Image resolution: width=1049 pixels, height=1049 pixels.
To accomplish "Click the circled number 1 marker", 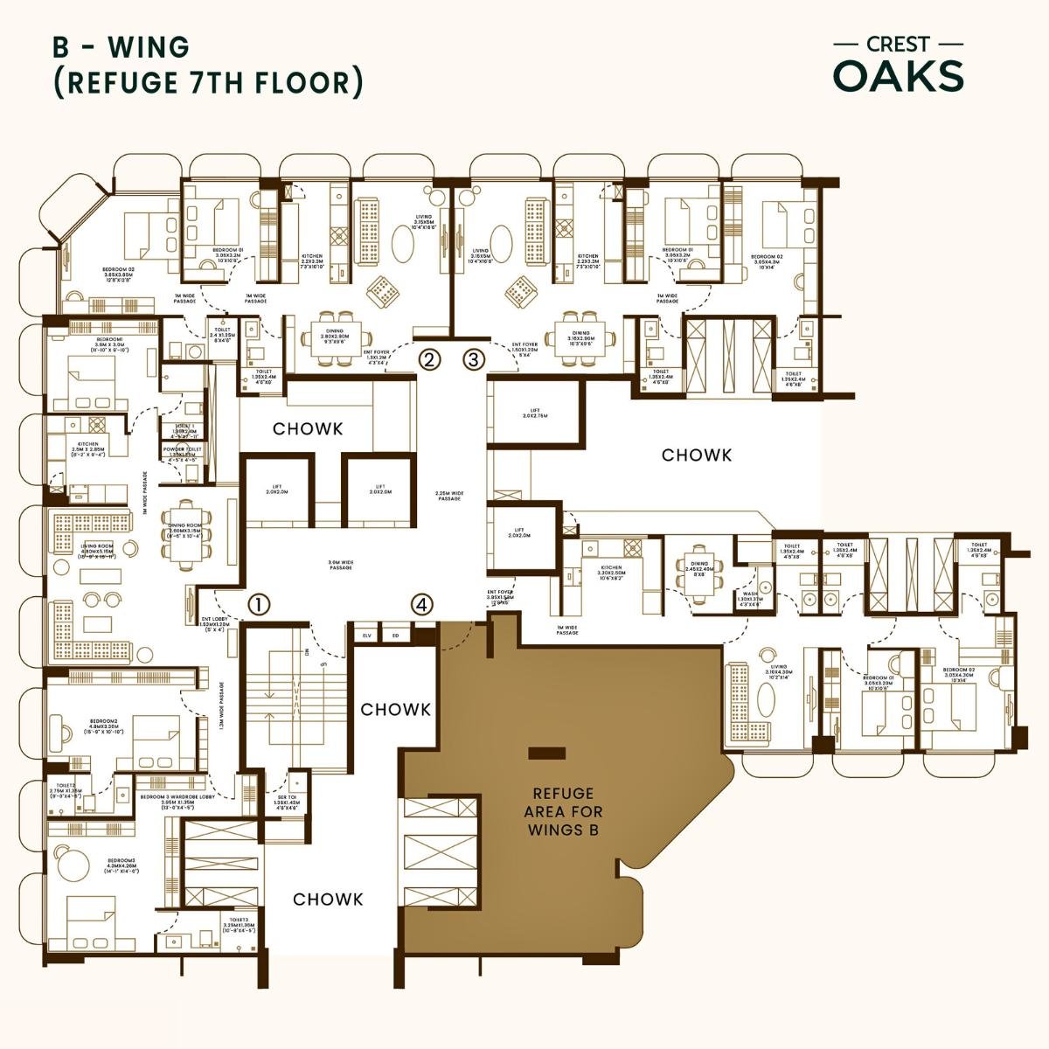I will pyautogui.click(x=260, y=604).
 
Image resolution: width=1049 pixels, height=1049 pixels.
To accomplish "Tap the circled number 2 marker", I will pyautogui.click(x=429, y=358).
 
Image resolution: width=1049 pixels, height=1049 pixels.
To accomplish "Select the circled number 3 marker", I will pyautogui.click(x=473, y=358).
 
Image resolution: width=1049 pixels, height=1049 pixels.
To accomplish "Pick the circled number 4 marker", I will pyautogui.click(x=422, y=604).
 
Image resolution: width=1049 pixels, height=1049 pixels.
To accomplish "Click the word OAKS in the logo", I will pyautogui.click(x=899, y=77).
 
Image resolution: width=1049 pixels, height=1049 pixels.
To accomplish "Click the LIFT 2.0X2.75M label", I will pyautogui.click(x=534, y=413).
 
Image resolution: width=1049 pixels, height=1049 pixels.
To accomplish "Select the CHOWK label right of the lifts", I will pyautogui.click(x=697, y=455).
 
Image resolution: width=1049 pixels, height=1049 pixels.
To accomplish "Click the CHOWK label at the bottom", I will pyautogui.click(x=328, y=900).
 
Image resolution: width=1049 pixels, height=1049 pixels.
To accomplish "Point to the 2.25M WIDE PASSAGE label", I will pyautogui.click(x=448, y=496).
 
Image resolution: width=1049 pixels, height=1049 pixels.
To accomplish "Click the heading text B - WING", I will pyautogui.click(x=121, y=46).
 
